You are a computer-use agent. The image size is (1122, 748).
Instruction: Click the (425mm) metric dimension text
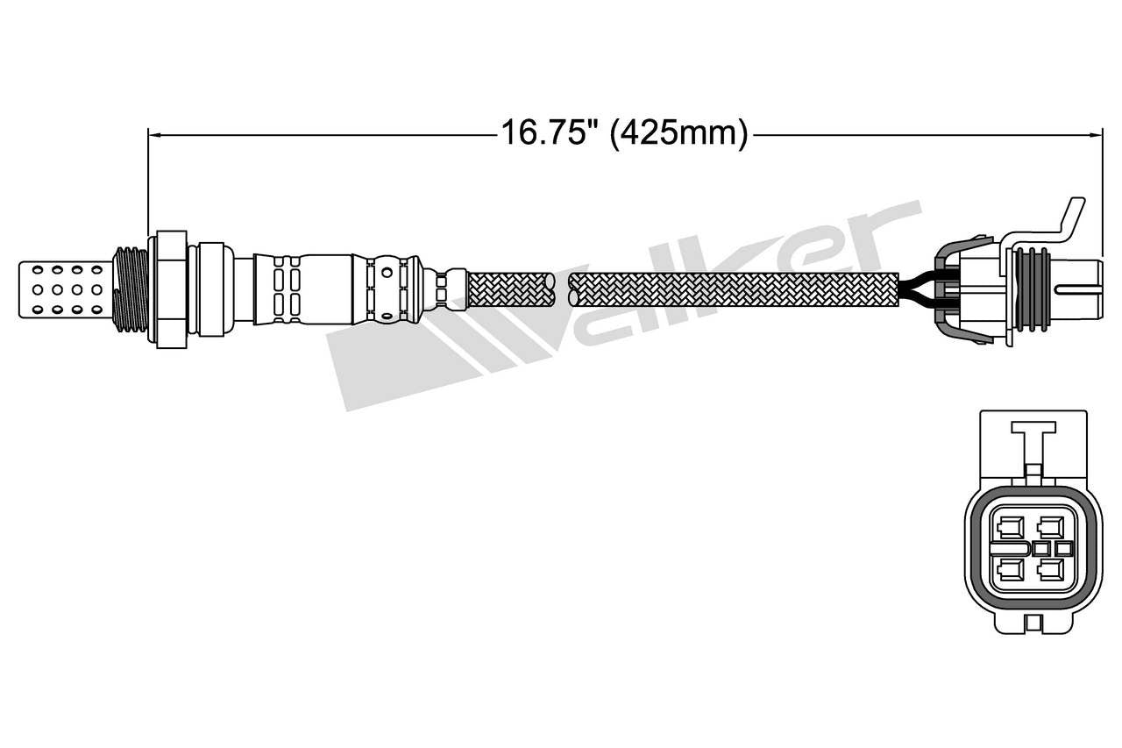click(x=678, y=134)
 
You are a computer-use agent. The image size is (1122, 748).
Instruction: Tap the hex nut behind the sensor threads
click(x=170, y=289)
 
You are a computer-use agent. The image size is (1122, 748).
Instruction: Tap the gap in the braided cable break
click(x=562, y=289)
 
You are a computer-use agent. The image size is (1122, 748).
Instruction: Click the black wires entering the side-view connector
click(x=917, y=289)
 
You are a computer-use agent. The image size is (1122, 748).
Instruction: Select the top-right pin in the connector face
click(x=1047, y=527)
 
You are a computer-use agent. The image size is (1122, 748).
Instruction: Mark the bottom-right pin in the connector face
click(x=1047, y=571)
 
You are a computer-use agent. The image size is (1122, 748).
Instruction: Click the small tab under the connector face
click(x=1033, y=623)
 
